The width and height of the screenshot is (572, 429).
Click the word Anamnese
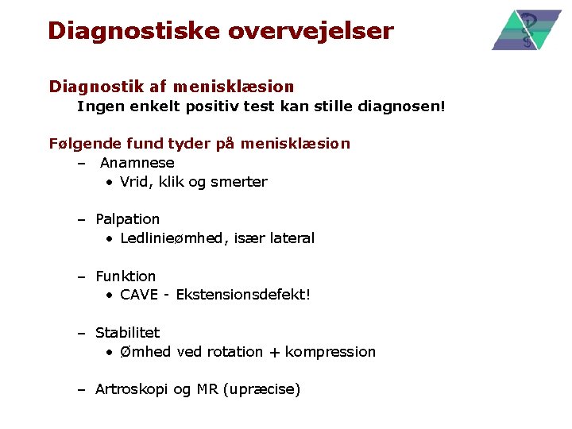137,163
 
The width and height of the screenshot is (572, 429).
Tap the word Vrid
136,182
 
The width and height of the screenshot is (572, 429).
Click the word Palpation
127,219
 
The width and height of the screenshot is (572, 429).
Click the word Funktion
126,276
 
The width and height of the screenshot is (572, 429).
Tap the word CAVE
139,296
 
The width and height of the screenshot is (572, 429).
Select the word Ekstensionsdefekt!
243,296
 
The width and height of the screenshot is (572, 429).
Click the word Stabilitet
127,333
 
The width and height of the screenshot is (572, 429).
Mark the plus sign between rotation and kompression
274,352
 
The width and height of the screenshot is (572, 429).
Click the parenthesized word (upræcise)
261,390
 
